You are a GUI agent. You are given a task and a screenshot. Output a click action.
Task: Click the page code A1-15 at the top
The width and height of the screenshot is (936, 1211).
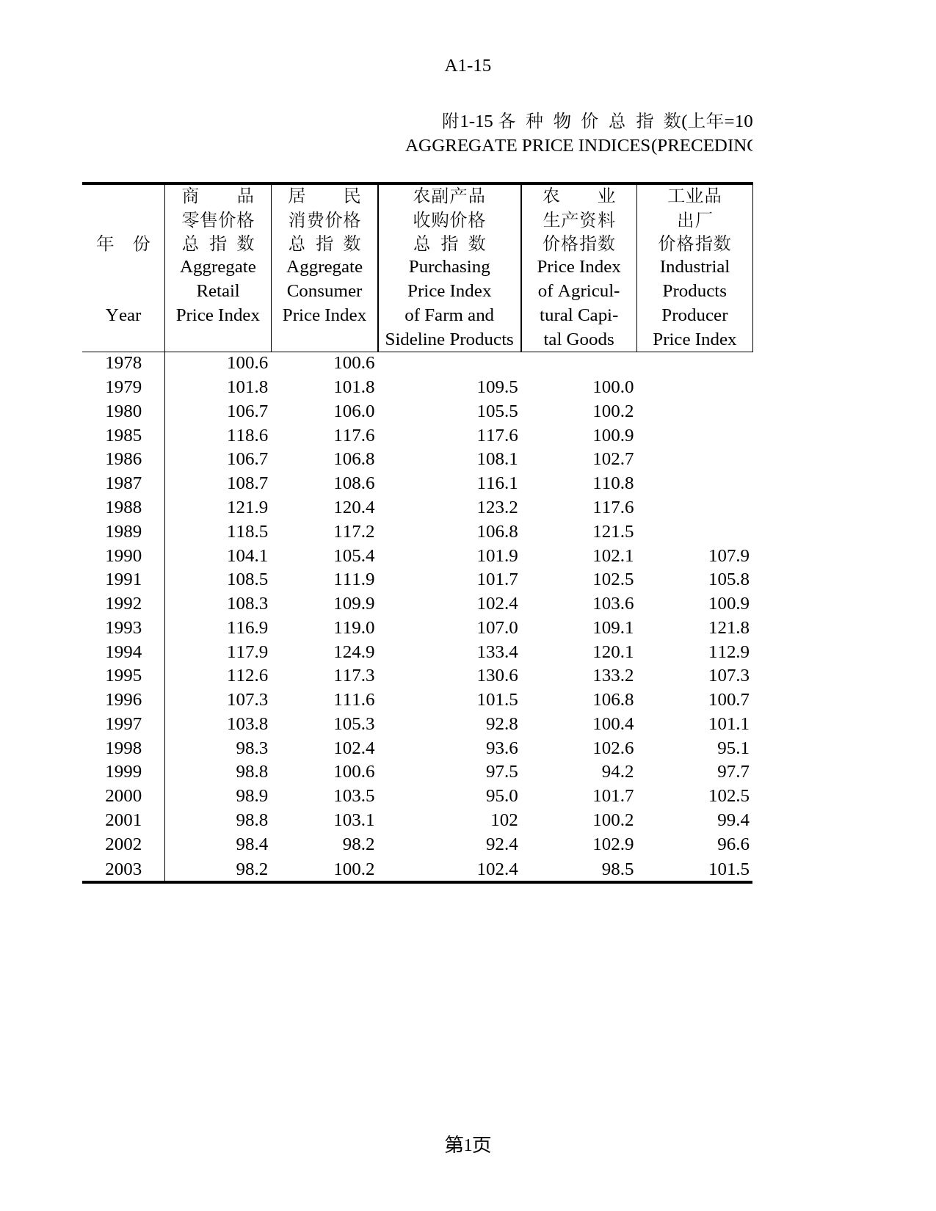468,66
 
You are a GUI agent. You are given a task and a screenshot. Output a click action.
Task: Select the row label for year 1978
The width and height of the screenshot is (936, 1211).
123,363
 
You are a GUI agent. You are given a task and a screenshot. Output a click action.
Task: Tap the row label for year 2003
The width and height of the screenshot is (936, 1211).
123,869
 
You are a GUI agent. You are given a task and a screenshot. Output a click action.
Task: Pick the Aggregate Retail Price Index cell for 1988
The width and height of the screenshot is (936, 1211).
247,507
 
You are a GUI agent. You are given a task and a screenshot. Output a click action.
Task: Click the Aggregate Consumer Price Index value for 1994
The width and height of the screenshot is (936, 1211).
354,652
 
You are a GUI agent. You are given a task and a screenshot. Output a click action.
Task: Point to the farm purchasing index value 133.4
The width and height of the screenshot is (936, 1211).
497,652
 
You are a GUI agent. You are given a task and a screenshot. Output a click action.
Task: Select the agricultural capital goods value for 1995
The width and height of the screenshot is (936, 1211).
613,675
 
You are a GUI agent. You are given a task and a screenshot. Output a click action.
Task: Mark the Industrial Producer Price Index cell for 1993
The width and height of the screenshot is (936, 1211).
728,628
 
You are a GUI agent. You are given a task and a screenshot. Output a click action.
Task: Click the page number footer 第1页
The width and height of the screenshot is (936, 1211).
468,1144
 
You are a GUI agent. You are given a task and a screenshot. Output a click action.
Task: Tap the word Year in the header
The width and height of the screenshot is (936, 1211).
123,315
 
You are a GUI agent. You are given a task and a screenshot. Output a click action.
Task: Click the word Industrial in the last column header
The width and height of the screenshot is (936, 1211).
694,266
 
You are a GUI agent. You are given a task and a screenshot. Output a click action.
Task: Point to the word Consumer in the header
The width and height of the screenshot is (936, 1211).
324,291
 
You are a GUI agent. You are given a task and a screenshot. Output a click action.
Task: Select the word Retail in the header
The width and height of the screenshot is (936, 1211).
218,291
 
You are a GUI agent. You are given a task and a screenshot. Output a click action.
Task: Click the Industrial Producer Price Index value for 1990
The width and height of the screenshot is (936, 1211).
728,556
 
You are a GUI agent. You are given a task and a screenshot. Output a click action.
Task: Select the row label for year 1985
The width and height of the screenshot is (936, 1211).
123,435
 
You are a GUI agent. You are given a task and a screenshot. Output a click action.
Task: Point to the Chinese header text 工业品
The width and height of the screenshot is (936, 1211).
694,196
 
